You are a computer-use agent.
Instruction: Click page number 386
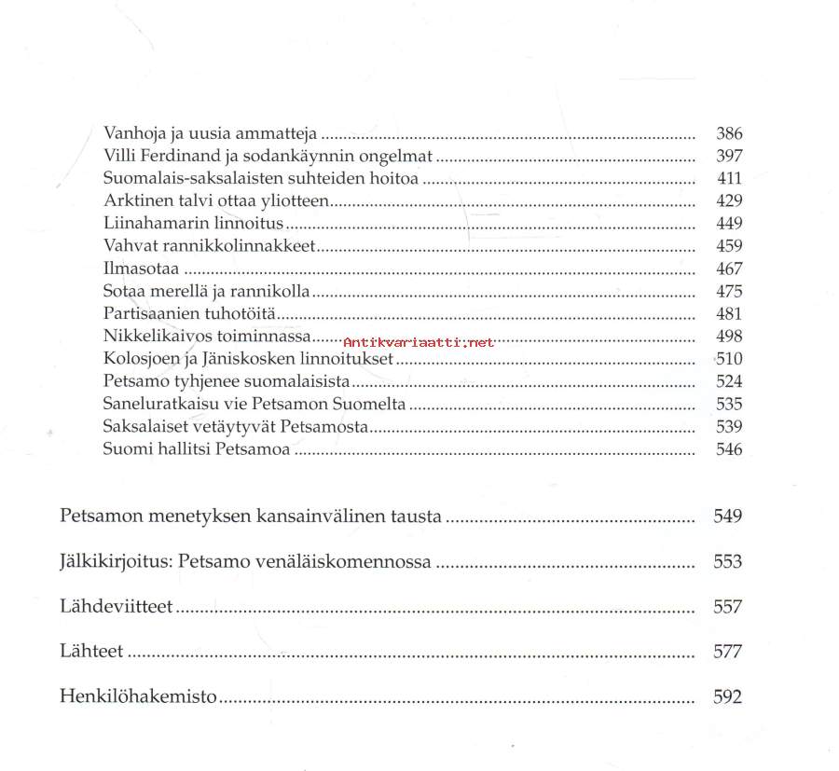(x=729, y=133)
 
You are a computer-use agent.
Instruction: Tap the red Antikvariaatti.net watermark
(x=419, y=342)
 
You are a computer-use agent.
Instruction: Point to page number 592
(x=727, y=696)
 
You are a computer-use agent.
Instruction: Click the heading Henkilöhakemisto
(x=138, y=696)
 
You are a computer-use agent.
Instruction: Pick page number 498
(x=729, y=337)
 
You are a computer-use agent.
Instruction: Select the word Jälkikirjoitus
(x=114, y=562)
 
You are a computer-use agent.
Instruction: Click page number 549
(x=727, y=516)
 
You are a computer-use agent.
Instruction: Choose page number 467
(x=729, y=269)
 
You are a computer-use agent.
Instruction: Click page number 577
(x=727, y=652)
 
